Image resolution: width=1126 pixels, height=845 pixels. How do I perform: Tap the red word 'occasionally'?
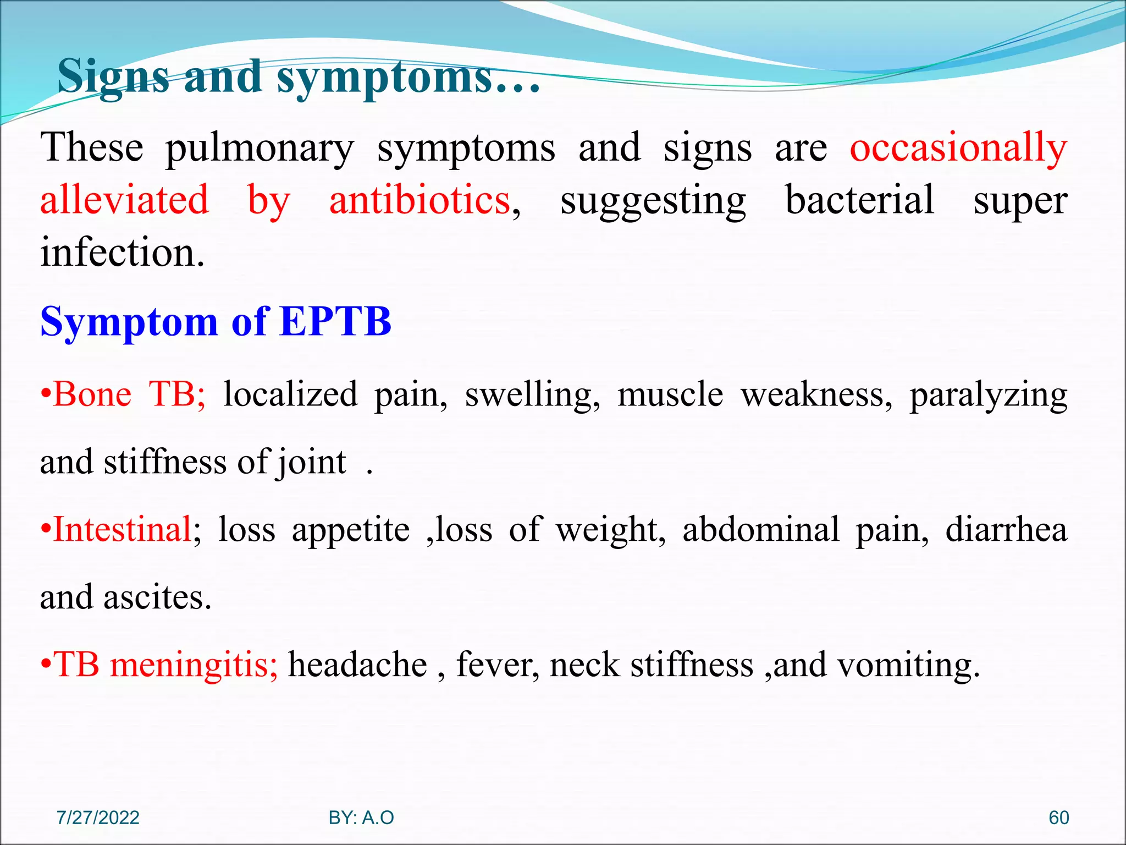(958, 149)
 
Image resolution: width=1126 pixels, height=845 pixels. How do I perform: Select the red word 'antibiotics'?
(420, 200)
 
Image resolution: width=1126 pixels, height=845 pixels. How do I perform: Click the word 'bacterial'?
(859, 200)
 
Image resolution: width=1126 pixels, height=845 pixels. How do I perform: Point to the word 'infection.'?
(123, 253)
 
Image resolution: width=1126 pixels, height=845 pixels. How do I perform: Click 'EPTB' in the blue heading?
(335, 321)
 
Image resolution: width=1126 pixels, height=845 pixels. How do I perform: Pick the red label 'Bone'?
(92, 394)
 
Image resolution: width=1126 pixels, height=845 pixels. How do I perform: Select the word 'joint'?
(311, 463)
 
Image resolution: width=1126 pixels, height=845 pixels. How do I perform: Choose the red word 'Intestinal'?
(122, 530)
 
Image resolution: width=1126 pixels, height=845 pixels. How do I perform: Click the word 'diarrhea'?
(1006, 530)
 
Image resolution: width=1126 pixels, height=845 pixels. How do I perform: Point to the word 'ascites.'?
(157, 597)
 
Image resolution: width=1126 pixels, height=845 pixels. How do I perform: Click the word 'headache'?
(357, 665)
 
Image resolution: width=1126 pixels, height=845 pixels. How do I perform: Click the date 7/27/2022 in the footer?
(98, 817)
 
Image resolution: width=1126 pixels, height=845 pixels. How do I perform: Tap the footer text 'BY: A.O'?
(361, 817)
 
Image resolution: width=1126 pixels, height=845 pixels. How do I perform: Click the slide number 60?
(1058, 817)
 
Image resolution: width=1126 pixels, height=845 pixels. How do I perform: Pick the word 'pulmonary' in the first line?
(260, 149)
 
